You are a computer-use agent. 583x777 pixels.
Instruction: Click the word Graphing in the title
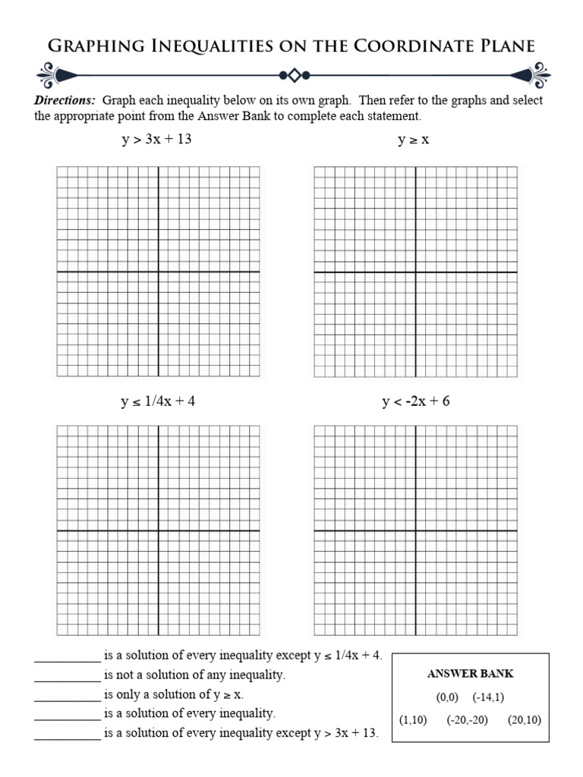pos(90,46)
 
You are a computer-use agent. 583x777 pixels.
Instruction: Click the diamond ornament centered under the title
pos(294,75)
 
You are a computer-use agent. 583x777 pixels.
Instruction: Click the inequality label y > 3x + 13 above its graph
pos(157,140)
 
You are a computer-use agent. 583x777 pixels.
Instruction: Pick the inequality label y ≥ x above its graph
pos(414,140)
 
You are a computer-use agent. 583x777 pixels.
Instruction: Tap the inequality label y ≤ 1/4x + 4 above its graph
pos(158,401)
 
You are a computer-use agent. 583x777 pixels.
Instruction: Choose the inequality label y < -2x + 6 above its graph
pos(415,401)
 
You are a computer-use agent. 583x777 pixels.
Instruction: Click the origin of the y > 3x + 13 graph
pos(158,272)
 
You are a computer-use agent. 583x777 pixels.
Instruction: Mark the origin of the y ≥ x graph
pos(416,272)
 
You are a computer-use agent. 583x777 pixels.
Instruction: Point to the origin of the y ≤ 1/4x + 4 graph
pos(158,531)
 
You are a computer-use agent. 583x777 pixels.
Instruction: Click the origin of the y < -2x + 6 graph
pos(416,531)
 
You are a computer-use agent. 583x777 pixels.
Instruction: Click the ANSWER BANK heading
pos(471,674)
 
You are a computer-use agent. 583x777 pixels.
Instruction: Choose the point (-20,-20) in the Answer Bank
pos(467,720)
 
